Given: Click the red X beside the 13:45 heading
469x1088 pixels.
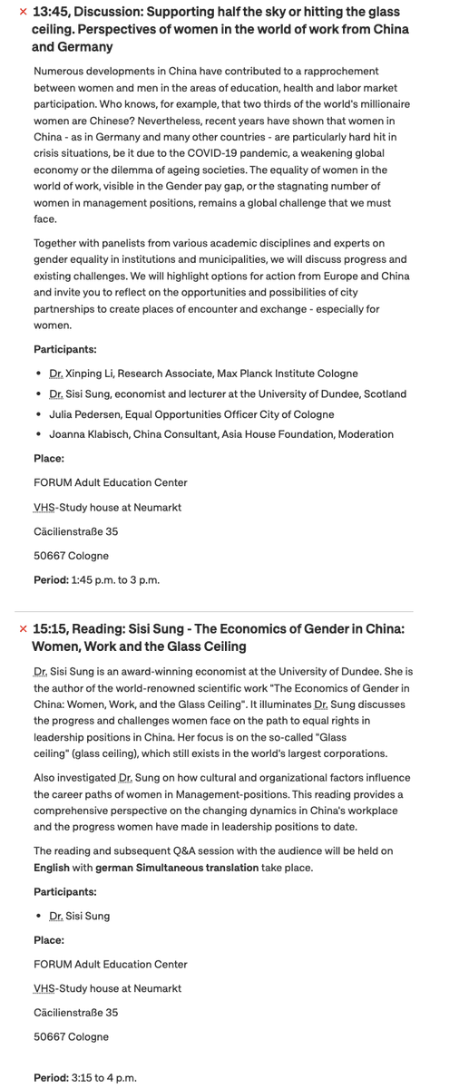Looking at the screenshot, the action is point(23,14).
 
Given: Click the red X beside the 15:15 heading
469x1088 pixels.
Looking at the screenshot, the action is point(23,629).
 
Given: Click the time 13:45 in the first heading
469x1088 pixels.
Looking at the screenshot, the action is point(50,13).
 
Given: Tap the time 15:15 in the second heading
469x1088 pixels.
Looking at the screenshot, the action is point(50,629).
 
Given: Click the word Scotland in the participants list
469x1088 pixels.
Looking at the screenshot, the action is point(383,394).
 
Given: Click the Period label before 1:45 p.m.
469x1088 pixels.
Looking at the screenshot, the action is point(51,580).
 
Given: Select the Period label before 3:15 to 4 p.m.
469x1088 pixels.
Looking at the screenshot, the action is point(51,1077).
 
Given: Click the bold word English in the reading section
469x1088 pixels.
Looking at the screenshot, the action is point(52,868).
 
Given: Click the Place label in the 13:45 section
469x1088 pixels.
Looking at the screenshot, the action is point(49,459).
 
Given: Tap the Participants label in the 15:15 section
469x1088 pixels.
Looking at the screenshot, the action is point(64,892).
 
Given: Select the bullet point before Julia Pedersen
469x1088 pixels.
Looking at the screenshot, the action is point(39,414).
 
